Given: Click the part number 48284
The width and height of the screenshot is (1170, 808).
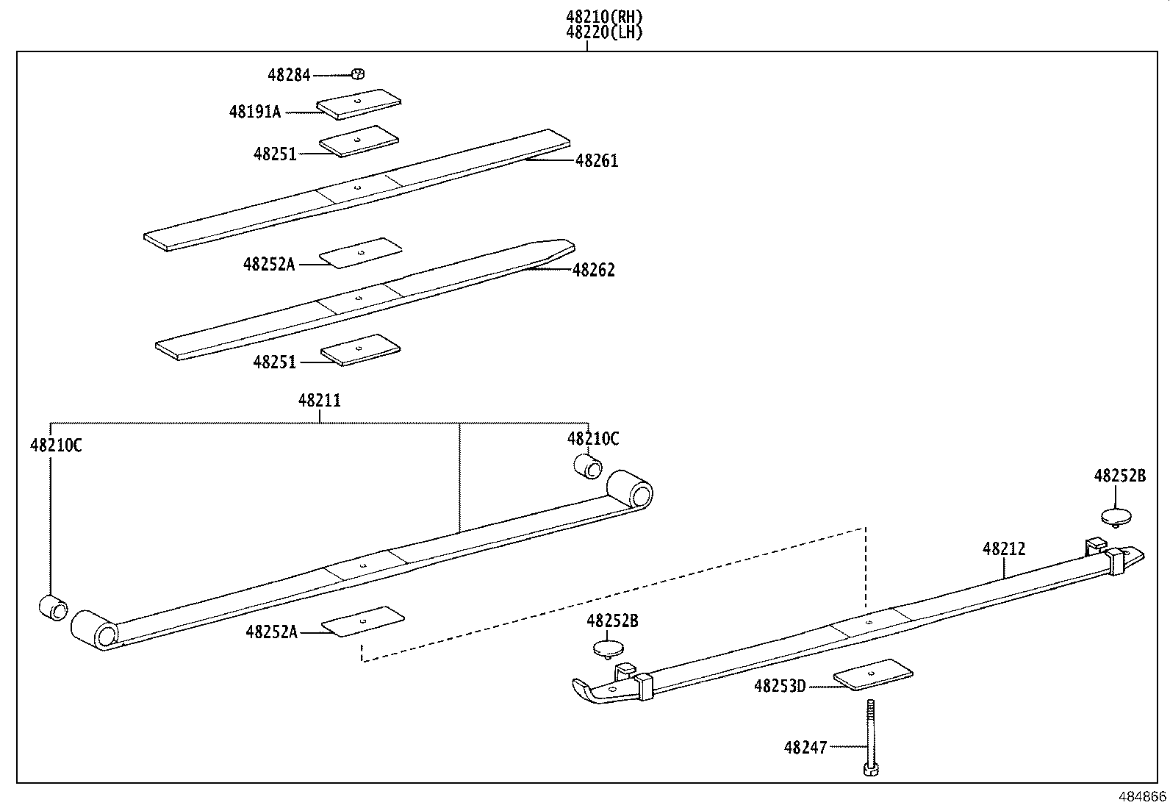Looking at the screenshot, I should click(x=289, y=75).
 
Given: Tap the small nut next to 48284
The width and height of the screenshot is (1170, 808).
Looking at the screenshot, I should click(x=359, y=74).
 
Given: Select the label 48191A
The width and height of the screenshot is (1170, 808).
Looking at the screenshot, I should click(x=255, y=112).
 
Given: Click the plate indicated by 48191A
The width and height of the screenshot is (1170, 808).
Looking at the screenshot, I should click(x=359, y=104).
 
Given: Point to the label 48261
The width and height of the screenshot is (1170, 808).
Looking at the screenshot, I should click(x=596, y=160).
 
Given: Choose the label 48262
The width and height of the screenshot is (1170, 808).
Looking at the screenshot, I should click(x=593, y=270).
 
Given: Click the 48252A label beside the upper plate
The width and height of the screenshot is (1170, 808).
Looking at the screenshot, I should click(x=269, y=264).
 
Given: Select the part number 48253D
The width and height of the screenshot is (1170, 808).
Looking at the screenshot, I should click(x=780, y=687).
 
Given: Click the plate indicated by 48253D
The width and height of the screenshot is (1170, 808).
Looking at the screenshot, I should click(x=873, y=675).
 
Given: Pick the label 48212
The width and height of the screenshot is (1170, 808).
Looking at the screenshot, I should click(x=1004, y=549).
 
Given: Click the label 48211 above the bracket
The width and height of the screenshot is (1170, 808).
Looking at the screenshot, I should click(x=320, y=401).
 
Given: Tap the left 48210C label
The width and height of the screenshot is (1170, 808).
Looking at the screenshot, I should click(x=56, y=445).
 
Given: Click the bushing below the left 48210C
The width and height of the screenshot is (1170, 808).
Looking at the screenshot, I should click(x=53, y=608).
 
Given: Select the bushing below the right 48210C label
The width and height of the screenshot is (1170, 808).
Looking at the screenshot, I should click(x=588, y=466).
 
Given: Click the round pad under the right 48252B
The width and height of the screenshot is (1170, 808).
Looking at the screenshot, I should click(x=1116, y=515).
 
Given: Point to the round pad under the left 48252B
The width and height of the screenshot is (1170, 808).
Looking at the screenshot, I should click(x=608, y=648).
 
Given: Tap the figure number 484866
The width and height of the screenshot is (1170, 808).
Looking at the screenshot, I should click(x=1141, y=797).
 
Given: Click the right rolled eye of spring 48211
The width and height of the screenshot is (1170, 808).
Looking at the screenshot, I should click(x=630, y=488).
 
